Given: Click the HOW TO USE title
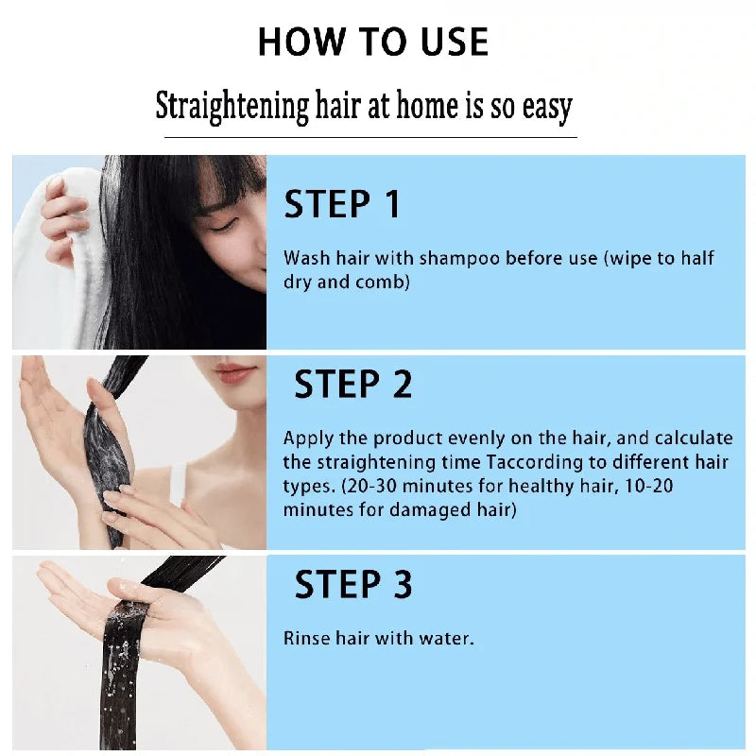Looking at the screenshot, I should click(372, 43).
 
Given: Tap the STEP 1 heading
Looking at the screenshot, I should click(342, 205).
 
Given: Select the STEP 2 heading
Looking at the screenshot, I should click(352, 386).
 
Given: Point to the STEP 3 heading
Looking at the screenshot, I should click(352, 585).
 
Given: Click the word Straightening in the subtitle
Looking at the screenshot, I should click(232, 106).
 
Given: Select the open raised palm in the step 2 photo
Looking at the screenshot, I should click(52, 416).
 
